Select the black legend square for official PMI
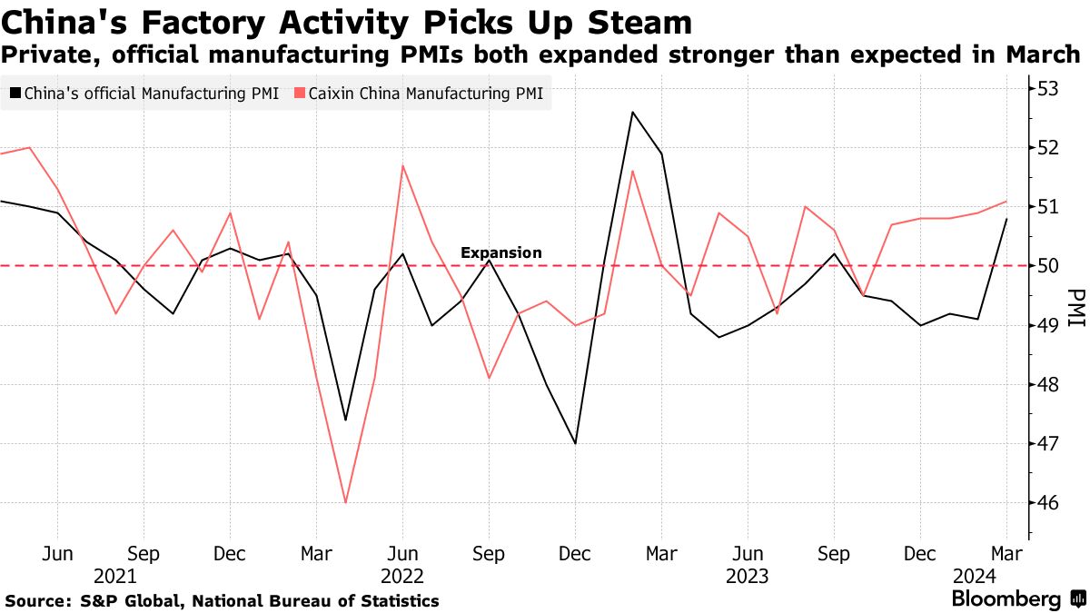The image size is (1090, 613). tap(14, 93)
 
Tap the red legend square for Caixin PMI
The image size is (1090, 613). tap(299, 93)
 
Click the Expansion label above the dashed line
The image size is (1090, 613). tap(501, 252)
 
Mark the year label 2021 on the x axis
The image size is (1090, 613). tap(115, 576)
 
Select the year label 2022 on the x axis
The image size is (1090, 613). tap(402, 576)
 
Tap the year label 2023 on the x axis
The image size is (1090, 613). tap(747, 576)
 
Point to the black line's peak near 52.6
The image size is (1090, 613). tap(632, 112)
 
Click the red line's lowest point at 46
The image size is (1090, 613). tap(345, 502)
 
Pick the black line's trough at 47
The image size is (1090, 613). tap(575, 443)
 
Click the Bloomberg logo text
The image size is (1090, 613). tap(1006, 599)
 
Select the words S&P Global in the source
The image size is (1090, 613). tap(120, 600)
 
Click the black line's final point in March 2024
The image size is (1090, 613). tap(1006, 219)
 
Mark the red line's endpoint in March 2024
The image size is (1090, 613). tap(1006, 202)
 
